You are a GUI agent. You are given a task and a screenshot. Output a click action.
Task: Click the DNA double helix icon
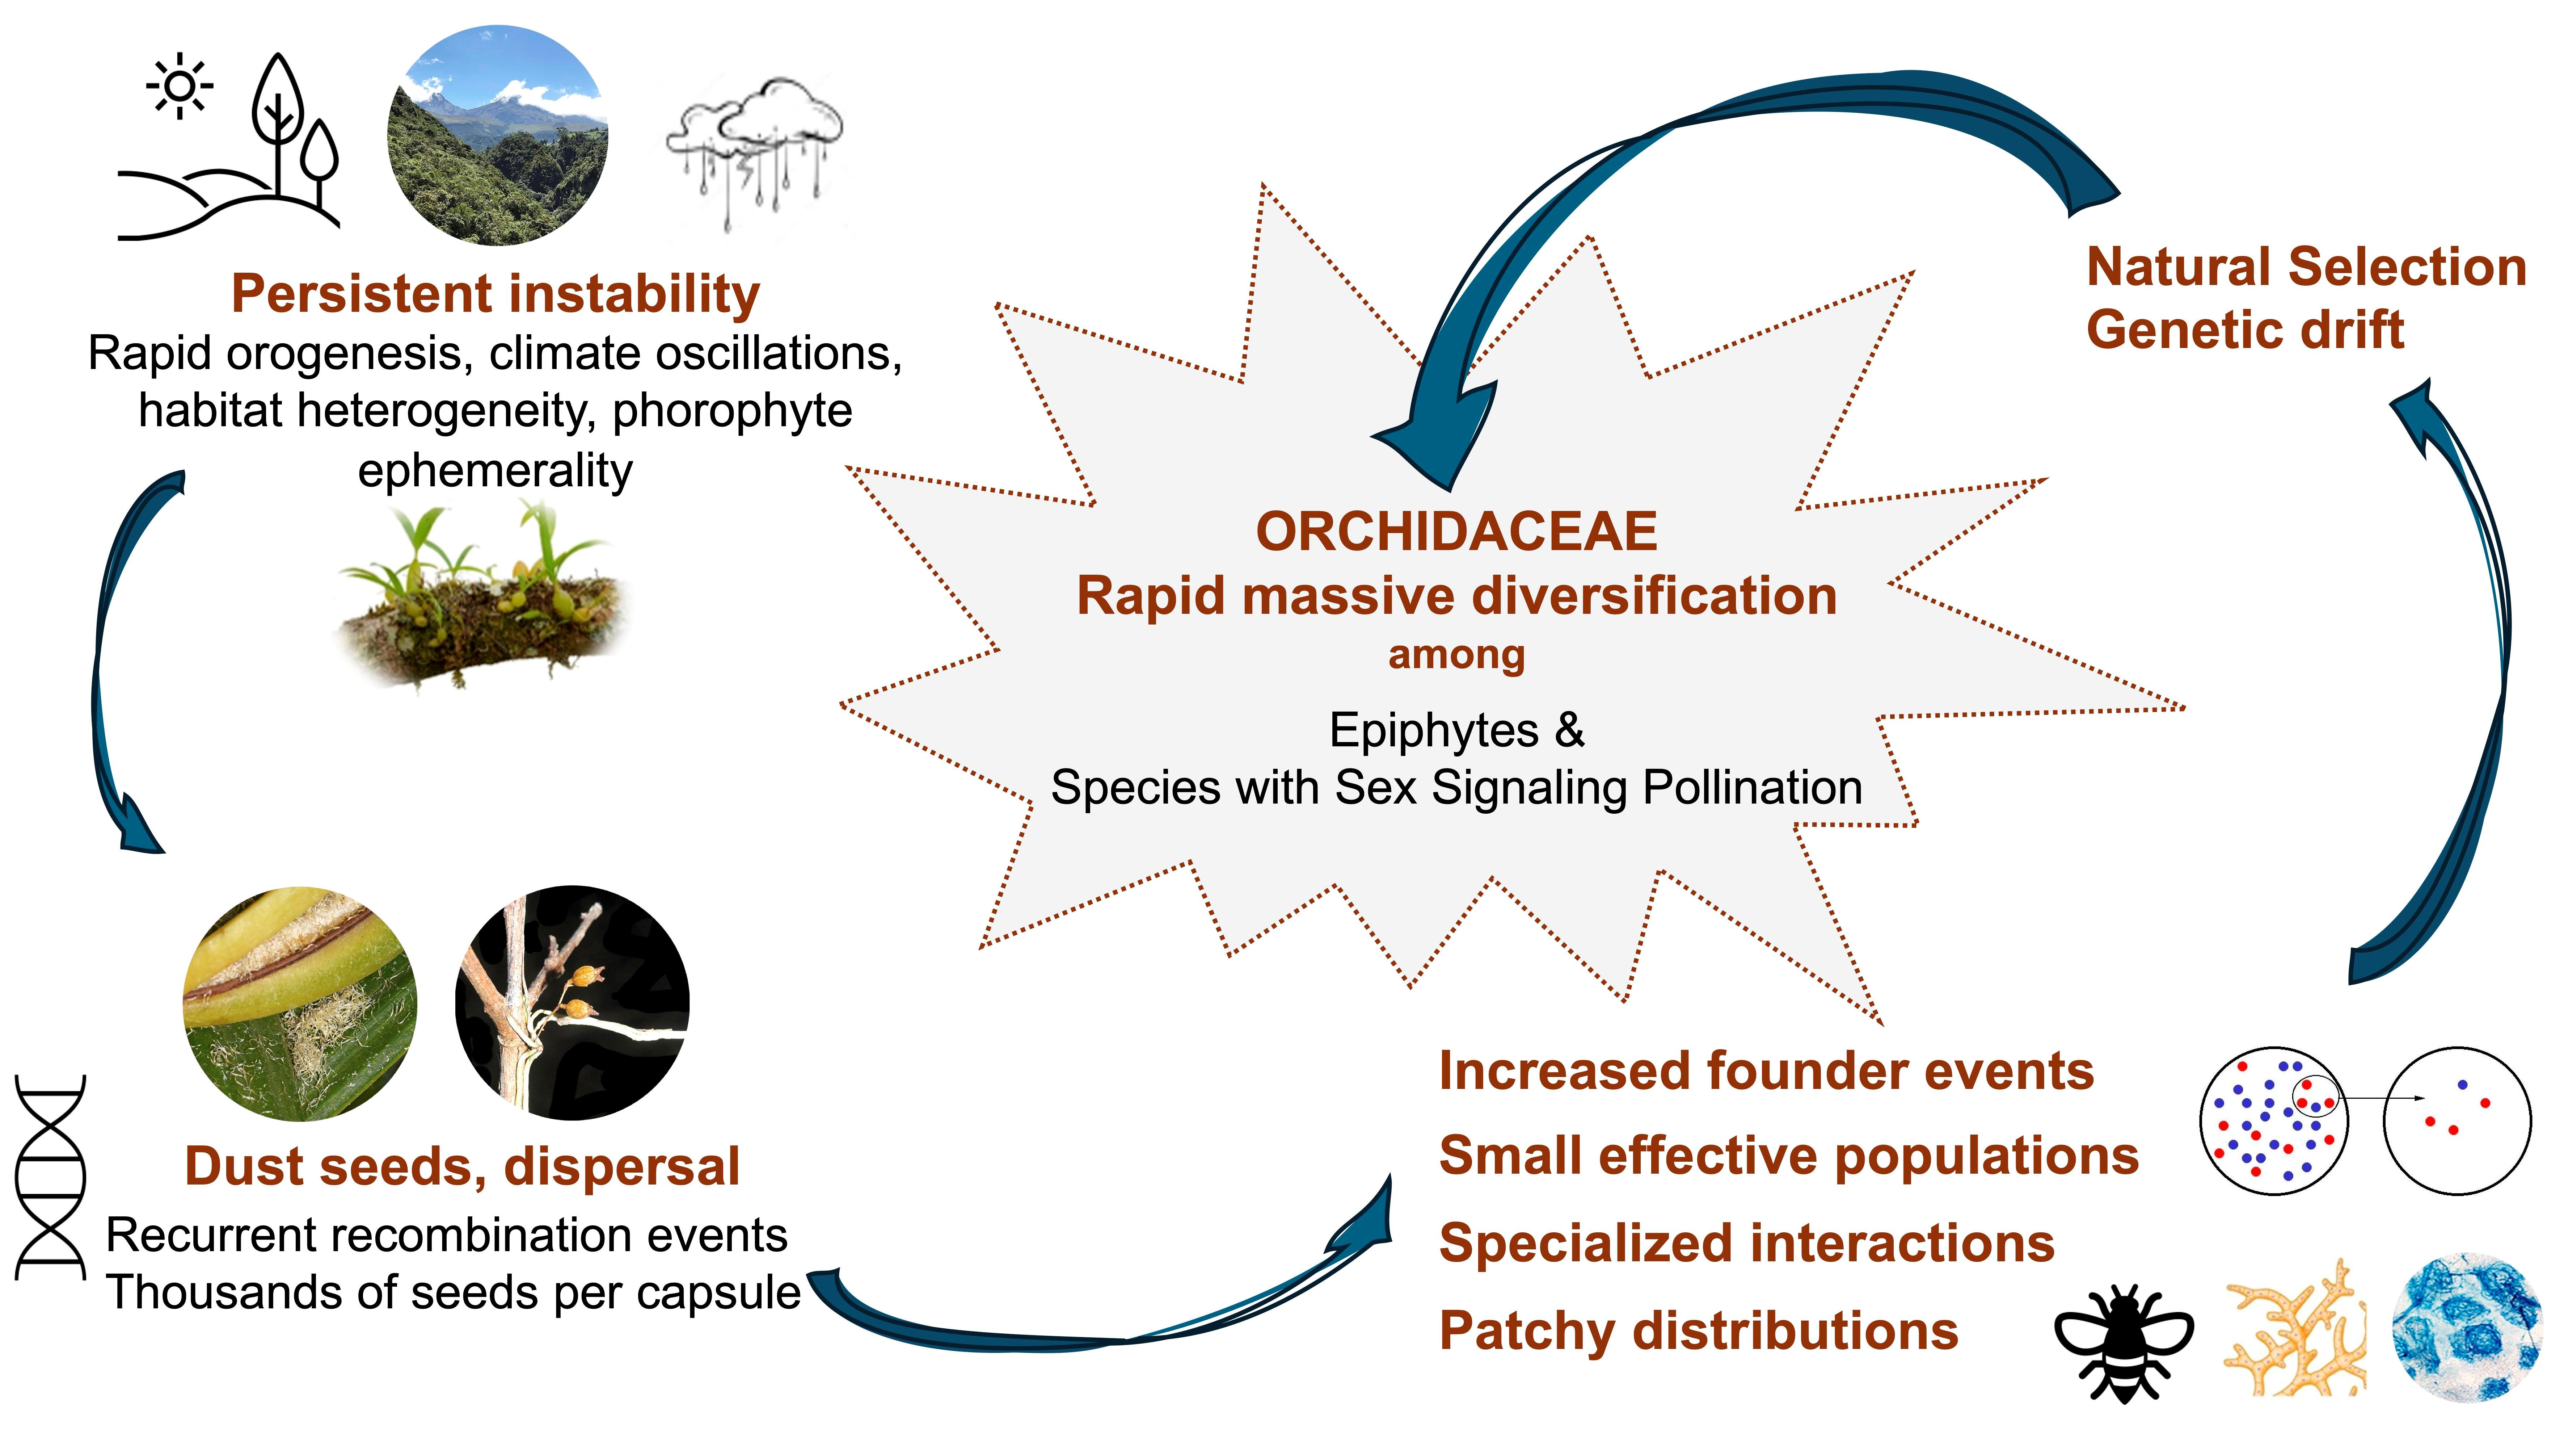(50, 1177)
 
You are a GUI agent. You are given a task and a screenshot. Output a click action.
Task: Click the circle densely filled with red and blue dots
(2274, 1121)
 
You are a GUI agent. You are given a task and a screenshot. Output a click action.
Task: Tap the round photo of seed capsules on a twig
(572, 1002)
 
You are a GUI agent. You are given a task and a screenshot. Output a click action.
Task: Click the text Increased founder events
(1766, 1071)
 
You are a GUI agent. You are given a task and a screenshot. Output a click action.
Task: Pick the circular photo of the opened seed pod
(300, 1004)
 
